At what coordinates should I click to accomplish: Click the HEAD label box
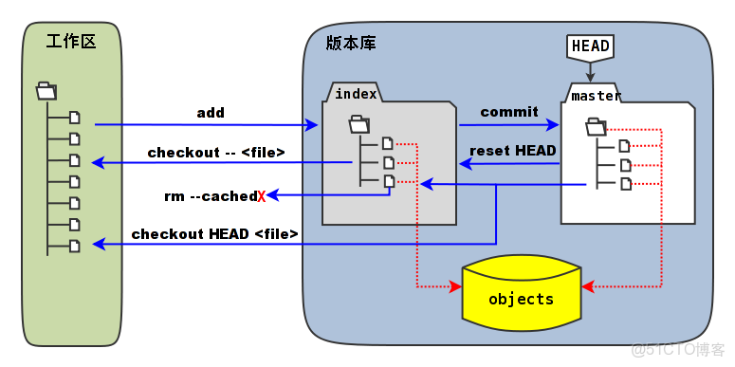pyautogui.click(x=590, y=46)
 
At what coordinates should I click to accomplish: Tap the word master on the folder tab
pyautogui.click(x=596, y=96)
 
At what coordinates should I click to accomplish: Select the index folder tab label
pyautogui.click(x=356, y=93)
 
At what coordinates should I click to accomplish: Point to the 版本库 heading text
pyautogui.click(x=348, y=43)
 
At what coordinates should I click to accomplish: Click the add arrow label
pyautogui.click(x=211, y=113)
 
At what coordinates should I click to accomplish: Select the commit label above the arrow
pyautogui.click(x=508, y=112)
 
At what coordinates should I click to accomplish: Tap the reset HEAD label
pyautogui.click(x=513, y=150)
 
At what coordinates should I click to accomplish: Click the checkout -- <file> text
pyautogui.click(x=216, y=152)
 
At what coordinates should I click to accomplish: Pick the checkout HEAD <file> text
pyautogui.click(x=215, y=233)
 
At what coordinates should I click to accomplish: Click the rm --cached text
pyautogui.click(x=210, y=195)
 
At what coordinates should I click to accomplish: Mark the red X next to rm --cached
pyautogui.click(x=261, y=196)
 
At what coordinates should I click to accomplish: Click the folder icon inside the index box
pyautogui.click(x=358, y=123)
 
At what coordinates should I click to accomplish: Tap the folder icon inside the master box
pyautogui.click(x=596, y=126)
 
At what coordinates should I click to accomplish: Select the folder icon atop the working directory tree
pyautogui.click(x=46, y=91)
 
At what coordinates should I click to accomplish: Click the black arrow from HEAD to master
pyautogui.click(x=590, y=70)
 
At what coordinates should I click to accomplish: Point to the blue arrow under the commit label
pyautogui.click(x=509, y=124)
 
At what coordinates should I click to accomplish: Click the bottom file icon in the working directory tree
pyautogui.click(x=75, y=246)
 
